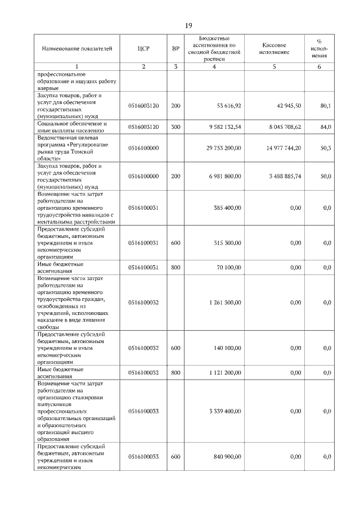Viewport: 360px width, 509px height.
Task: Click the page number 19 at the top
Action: point(188,25)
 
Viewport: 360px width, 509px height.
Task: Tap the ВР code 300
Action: point(175,127)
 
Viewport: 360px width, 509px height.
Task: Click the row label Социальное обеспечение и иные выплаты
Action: point(71,127)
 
